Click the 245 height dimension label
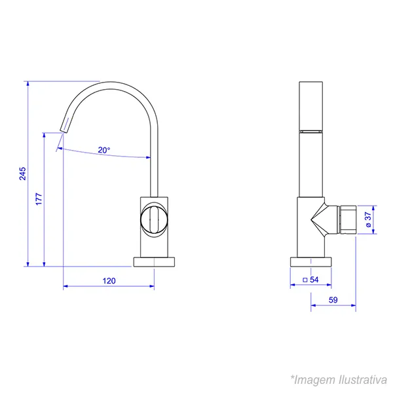point(22,174)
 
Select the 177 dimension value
point(39,199)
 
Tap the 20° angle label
point(104,150)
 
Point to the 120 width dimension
point(109,281)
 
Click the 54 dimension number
point(314,280)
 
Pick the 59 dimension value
point(333,300)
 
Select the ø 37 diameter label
point(368,219)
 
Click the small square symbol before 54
point(305,280)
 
